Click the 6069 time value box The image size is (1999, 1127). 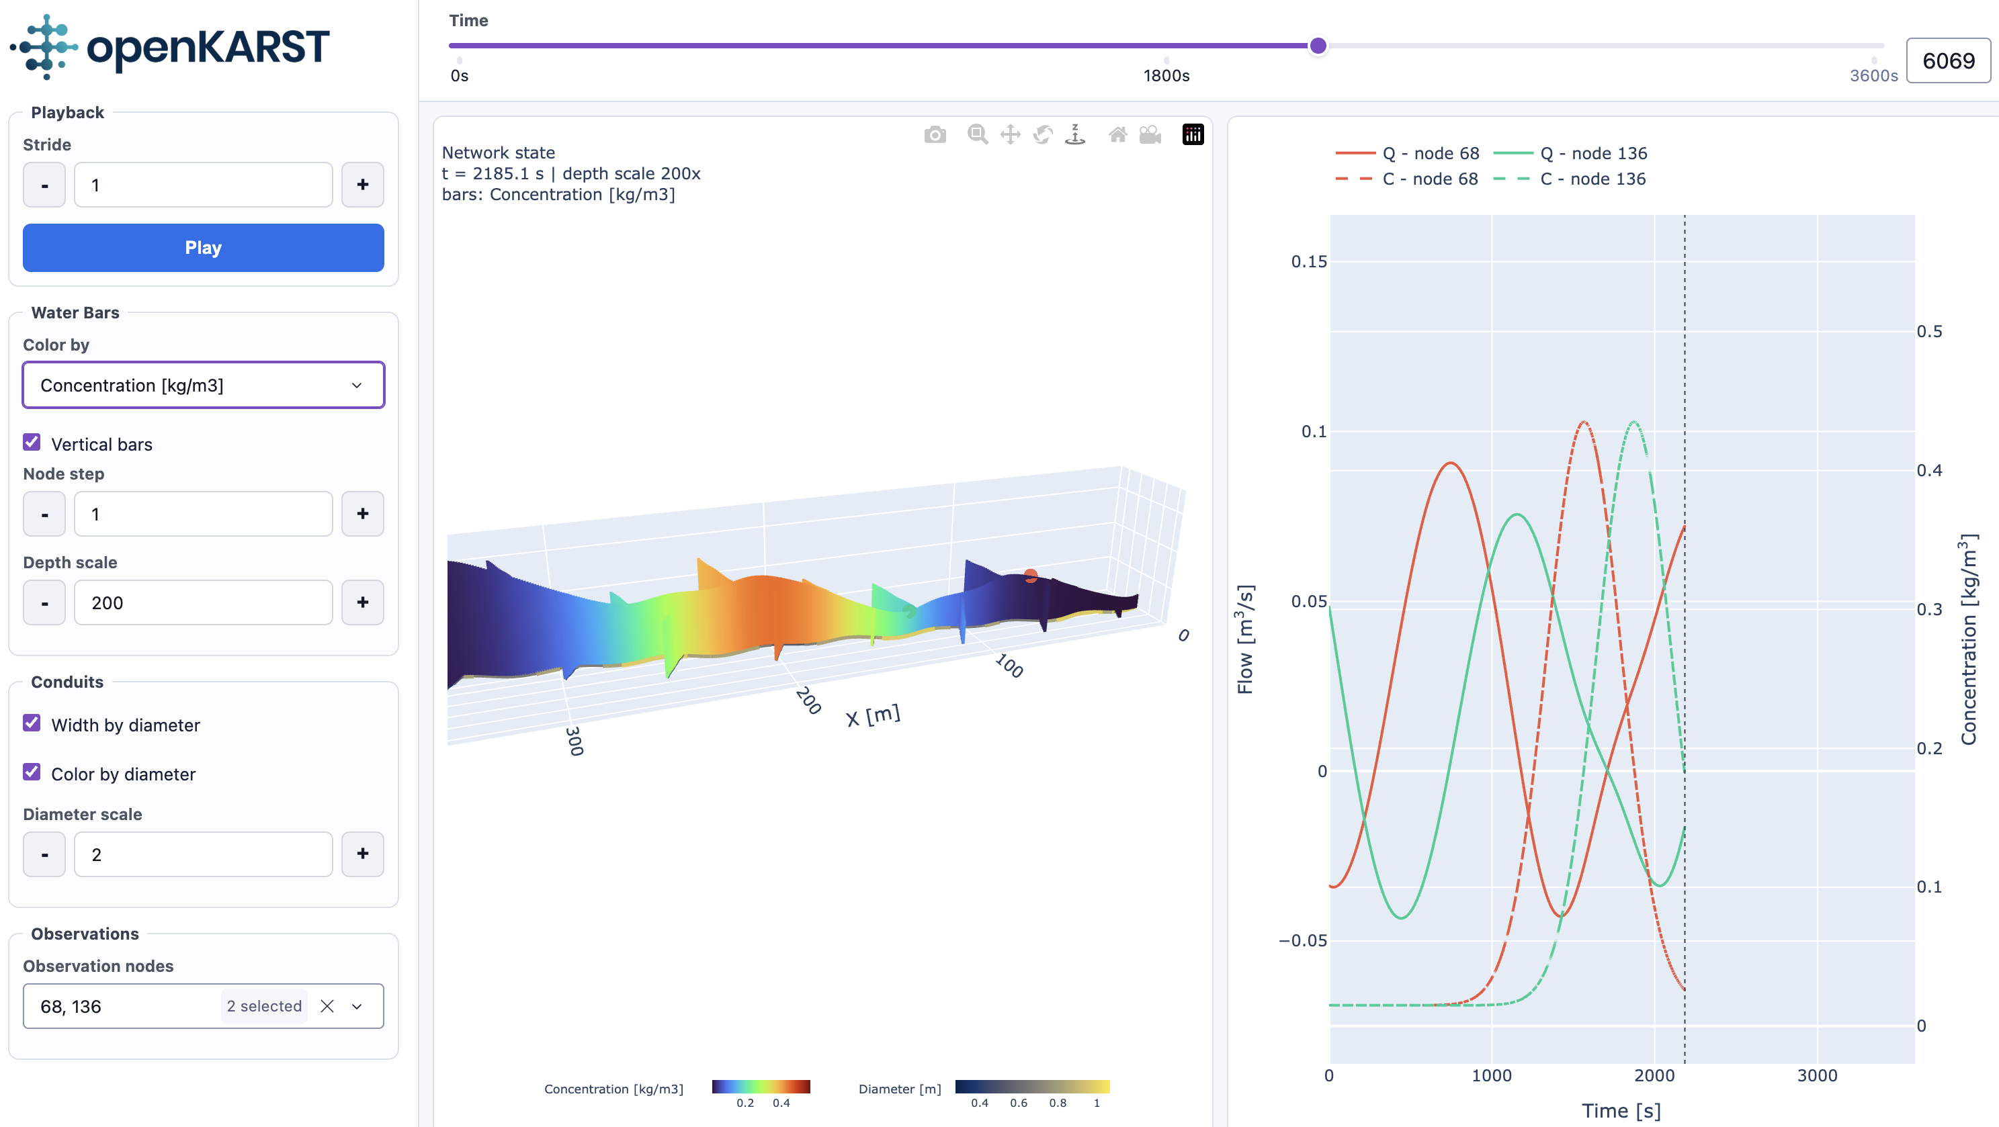1948,60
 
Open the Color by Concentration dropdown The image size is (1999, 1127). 204,385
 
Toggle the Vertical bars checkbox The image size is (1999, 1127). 32,442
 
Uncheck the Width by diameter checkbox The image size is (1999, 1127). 32,723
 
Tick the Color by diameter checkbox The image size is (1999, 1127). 32,772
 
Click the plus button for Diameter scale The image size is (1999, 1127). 362,854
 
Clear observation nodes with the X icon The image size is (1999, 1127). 327,1006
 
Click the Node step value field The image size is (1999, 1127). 204,514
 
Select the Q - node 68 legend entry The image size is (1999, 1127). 1407,153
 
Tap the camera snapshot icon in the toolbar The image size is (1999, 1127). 935,135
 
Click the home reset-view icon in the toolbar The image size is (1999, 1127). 1117,135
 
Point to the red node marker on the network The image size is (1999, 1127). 1031,576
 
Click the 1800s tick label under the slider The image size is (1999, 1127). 1166,75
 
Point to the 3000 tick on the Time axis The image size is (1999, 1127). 1817,1075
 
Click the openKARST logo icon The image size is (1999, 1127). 44,46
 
